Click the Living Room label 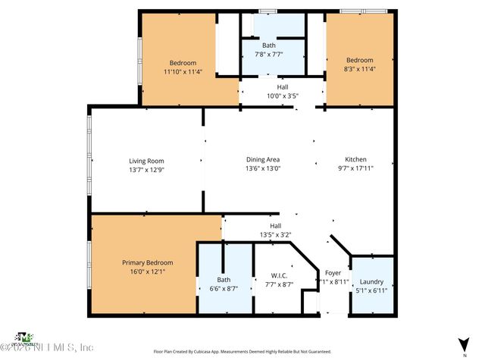tap(145, 161)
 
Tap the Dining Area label tap(263, 160)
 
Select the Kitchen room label tap(356, 160)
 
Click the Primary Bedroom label tap(148, 262)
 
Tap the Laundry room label tap(371, 281)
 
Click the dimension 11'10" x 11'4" tap(183, 73)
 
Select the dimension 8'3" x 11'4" tap(360, 71)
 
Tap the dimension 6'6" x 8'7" tap(224, 289)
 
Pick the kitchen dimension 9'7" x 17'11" tap(356, 168)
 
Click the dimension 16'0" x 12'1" tap(148, 271)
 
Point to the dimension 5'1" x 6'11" tap(371, 290)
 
